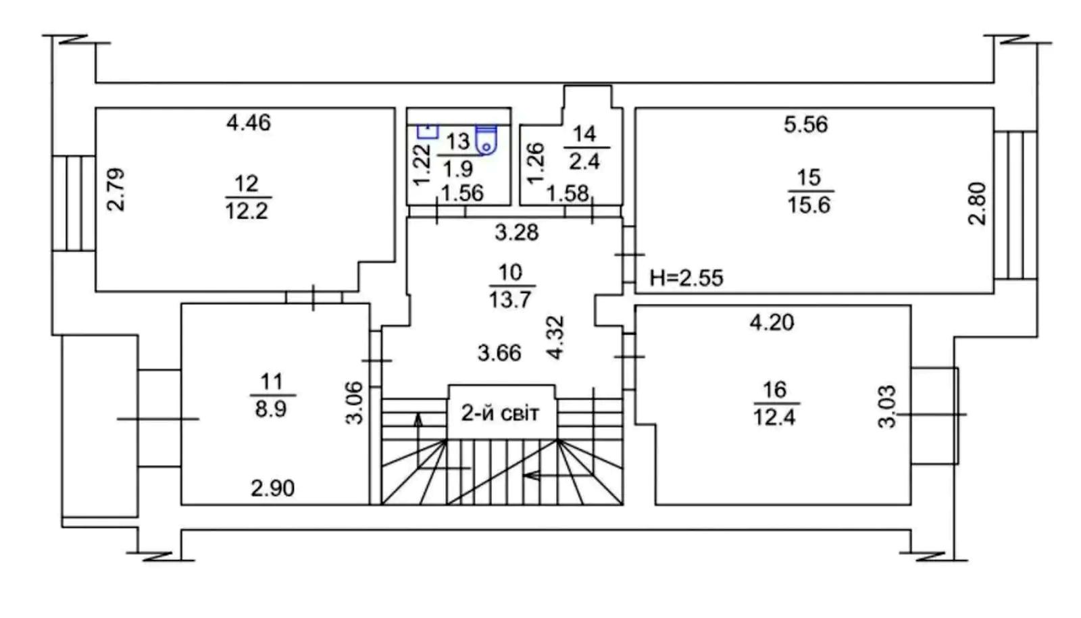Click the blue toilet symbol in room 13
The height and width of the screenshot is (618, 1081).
click(x=486, y=138)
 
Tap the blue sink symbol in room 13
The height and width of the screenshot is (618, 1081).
click(x=428, y=130)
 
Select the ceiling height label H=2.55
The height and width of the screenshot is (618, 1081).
click(x=686, y=278)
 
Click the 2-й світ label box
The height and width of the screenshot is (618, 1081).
click(x=500, y=412)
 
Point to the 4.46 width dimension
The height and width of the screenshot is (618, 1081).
click(x=249, y=123)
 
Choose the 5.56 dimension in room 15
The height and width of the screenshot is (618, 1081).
click(x=805, y=124)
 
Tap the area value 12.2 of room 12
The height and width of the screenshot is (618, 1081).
click(x=247, y=211)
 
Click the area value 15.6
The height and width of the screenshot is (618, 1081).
click(x=809, y=205)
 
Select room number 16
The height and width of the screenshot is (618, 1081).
click(x=774, y=390)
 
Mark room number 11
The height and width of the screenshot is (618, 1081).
click(x=272, y=382)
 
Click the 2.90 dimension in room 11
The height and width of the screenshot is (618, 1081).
click(x=272, y=488)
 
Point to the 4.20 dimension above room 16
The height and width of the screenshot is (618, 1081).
click(x=772, y=322)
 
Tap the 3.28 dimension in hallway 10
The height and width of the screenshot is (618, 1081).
click(x=517, y=232)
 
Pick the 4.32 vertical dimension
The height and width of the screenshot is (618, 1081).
click(x=555, y=338)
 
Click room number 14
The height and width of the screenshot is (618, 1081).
click(x=584, y=134)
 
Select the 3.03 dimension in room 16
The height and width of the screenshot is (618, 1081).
click(x=886, y=406)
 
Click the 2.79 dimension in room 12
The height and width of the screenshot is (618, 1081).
click(x=116, y=190)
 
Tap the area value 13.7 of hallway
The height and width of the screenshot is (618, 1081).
click(x=510, y=299)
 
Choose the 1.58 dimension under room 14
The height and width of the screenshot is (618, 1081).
click(x=567, y=194)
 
